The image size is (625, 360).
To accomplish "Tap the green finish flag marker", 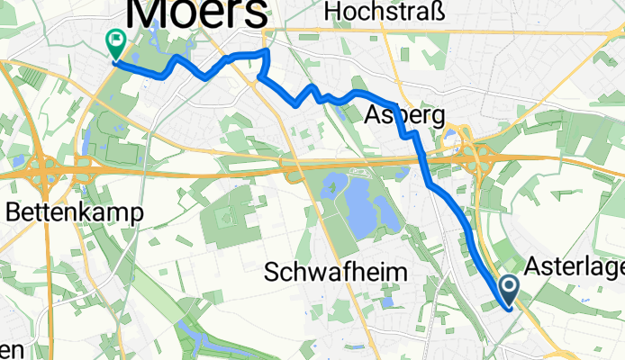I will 115,41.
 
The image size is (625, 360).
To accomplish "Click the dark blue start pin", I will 509,289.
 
